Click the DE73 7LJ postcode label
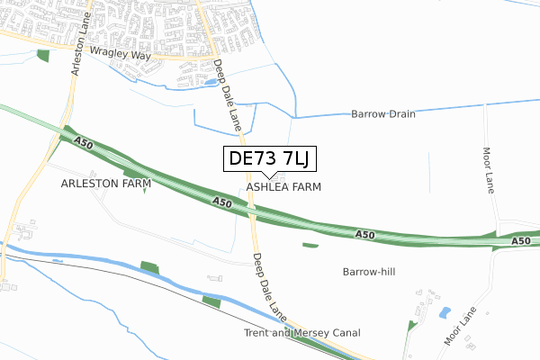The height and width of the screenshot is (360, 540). pos(268,159)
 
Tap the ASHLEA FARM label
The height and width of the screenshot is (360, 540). pos(283,187)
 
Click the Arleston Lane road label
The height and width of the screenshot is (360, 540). pos(77,50)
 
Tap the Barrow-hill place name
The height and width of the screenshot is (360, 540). pos(370,271)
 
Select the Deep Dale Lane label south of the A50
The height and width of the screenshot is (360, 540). pos(269,286)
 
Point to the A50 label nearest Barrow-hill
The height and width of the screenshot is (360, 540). pos(364,234)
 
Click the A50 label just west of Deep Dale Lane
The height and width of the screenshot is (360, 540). pos(223,204)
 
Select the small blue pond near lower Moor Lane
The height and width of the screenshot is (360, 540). pos(444,313)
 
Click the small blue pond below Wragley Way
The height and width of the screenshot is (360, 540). pos(210,82)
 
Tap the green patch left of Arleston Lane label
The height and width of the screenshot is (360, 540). pos(43,56)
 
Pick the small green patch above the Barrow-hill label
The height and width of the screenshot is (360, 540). pos(310,245)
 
